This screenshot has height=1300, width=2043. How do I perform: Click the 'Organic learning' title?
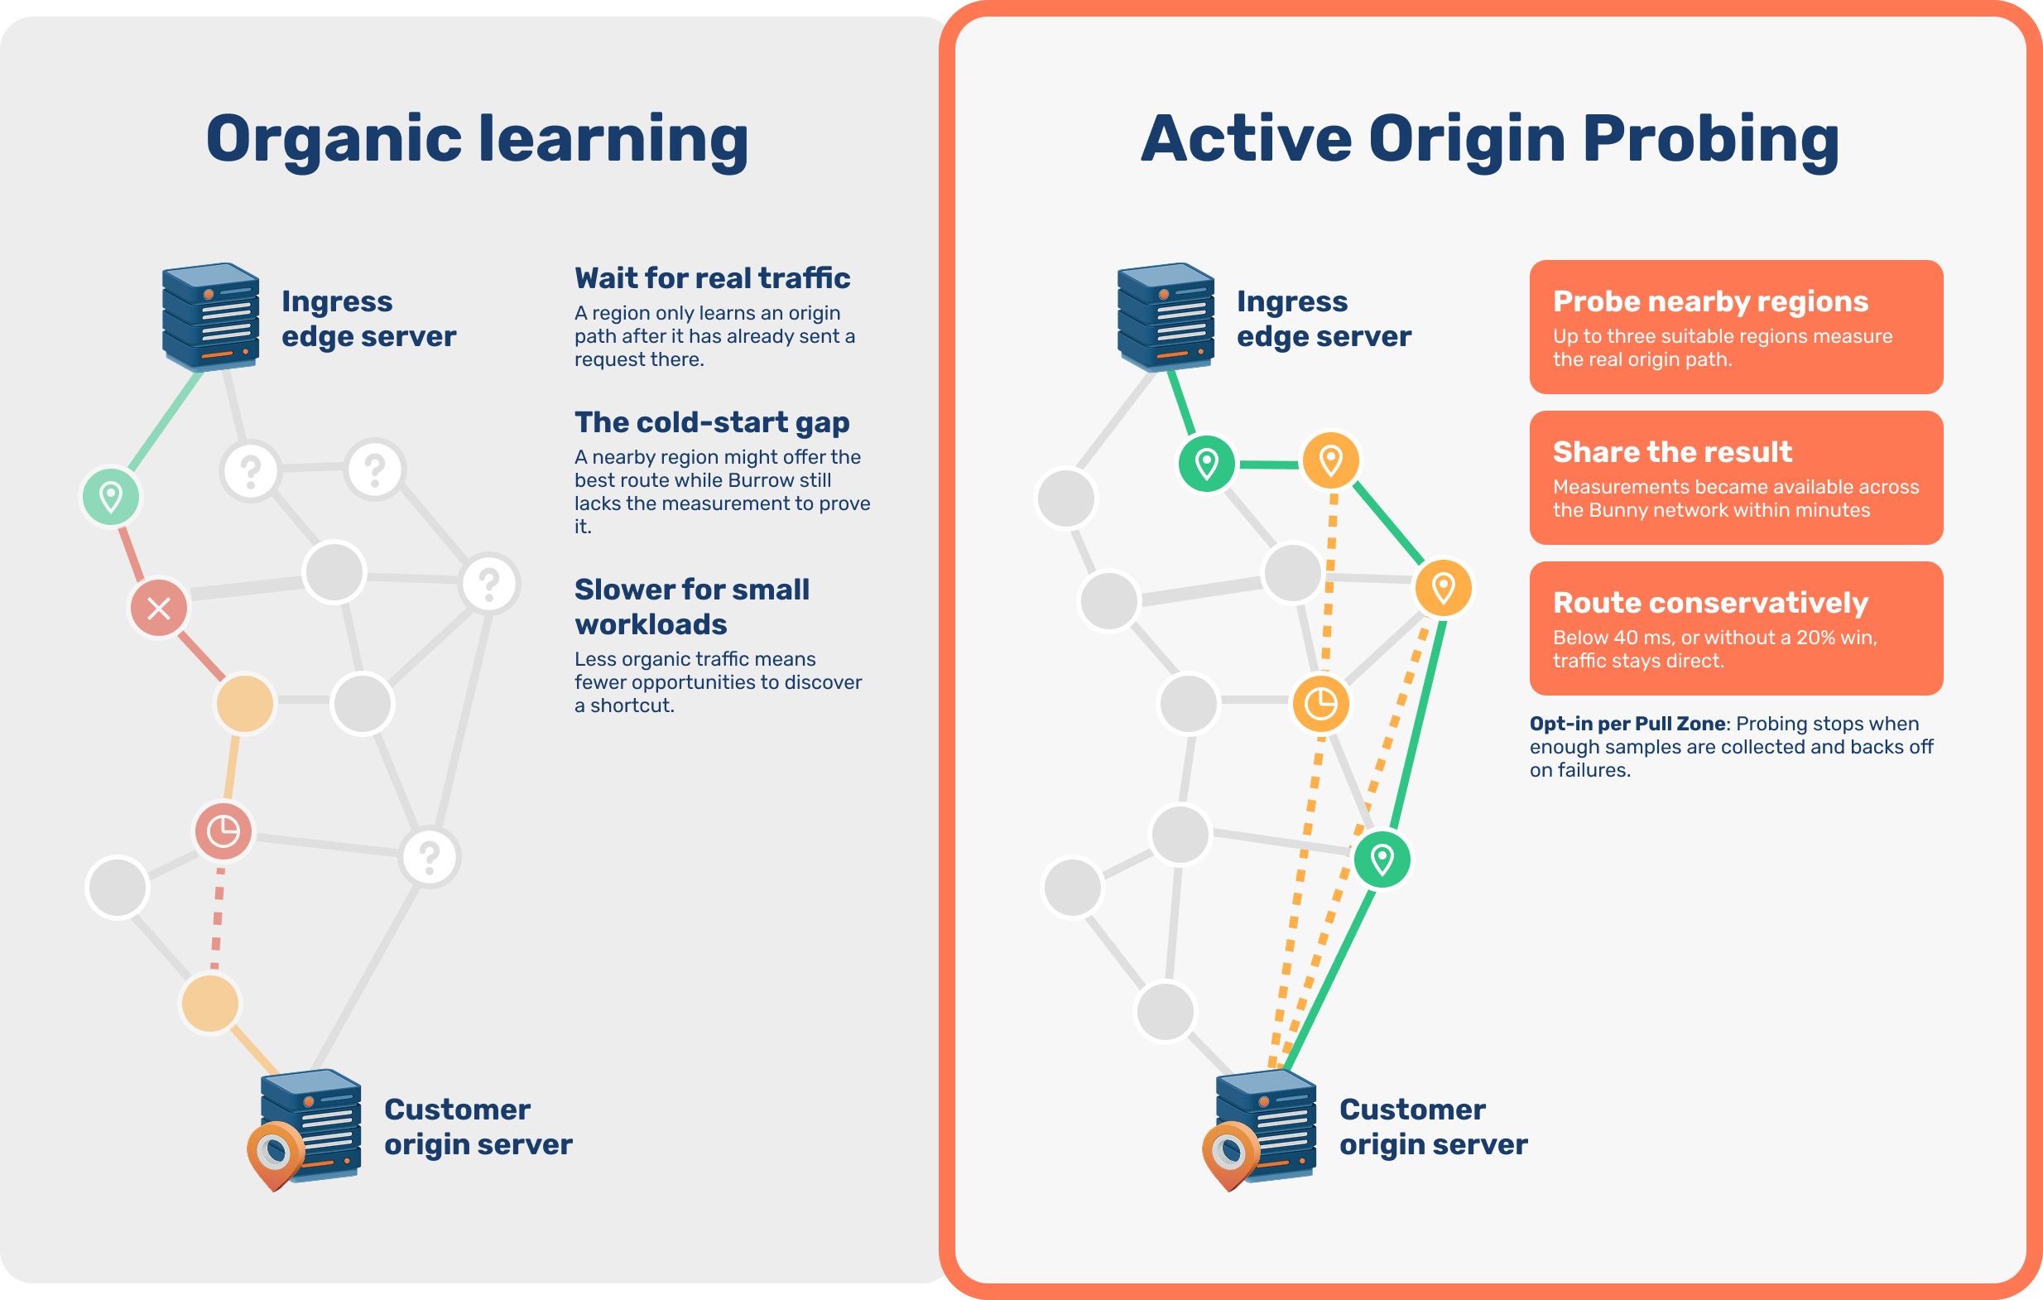477,140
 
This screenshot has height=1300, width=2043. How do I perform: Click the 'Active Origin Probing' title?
1490,140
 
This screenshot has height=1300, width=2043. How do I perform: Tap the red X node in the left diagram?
159,609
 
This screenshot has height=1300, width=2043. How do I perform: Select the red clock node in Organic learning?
224,831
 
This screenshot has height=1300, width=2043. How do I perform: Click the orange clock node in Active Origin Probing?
1320,704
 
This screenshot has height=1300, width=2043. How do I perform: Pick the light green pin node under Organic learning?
110,497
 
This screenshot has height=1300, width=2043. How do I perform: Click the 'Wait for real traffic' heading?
712,278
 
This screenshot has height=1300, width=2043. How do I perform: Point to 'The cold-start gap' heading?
712,422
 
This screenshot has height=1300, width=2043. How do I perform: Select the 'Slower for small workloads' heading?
692,607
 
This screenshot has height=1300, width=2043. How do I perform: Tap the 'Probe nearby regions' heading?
1710,301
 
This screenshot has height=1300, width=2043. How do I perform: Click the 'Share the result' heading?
1672,452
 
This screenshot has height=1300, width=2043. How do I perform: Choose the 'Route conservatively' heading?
1710,603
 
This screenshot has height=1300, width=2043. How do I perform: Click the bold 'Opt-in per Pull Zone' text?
1627,724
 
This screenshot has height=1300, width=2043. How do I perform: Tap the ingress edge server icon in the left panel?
210,316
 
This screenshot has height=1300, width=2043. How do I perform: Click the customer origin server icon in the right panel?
1260,1129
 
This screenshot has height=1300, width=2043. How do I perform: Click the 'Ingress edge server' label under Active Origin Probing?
1324,319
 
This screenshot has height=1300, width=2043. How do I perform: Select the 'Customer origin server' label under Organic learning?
478,1127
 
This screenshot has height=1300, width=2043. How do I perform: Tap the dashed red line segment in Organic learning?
218,918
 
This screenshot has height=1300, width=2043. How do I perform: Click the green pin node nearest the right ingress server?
1206,464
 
